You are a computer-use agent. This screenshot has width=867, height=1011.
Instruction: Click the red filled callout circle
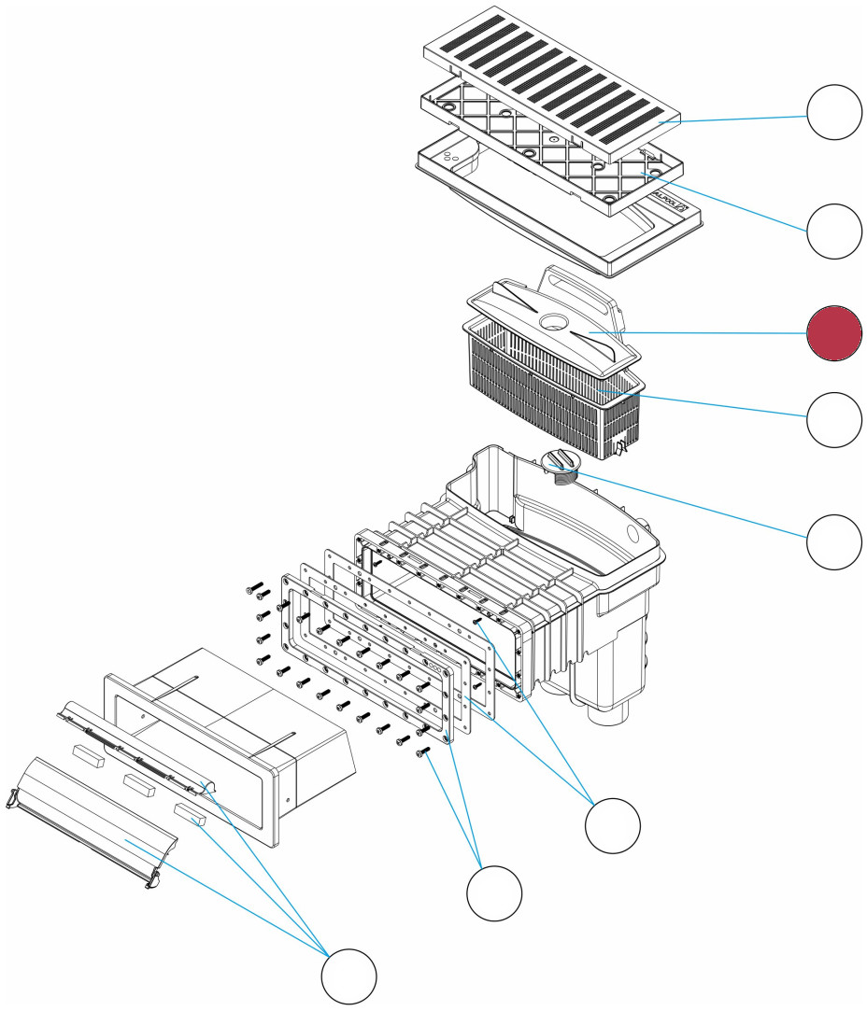(x=834, y=333)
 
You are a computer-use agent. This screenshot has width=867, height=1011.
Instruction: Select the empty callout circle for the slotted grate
(x=834, y=112)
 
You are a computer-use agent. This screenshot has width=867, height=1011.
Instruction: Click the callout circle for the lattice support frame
(x=834, y=231)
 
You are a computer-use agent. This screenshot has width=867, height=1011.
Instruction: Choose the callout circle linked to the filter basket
(x=834, y=420)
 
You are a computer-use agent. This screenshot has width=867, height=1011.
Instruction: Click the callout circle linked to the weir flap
(x=349, y=976)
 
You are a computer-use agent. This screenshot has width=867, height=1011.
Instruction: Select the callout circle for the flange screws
(x=494, y=893)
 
